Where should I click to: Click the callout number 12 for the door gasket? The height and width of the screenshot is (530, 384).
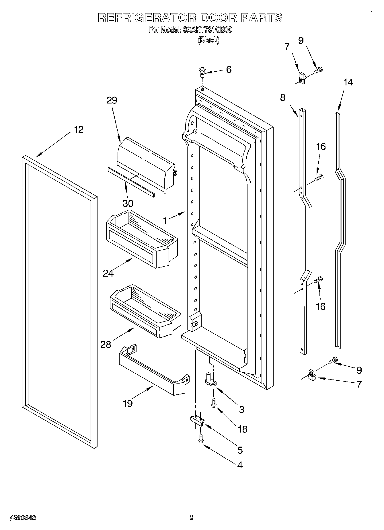tap(79, 130)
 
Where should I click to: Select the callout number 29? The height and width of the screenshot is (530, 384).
tap(112, 100)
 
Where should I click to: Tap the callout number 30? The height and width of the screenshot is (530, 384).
tap(128, 203)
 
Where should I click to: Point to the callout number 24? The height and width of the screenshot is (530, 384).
tap(108, 273)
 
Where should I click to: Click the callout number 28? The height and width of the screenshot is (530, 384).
tap(106, 344)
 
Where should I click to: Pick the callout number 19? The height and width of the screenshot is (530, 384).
tap(128, 404)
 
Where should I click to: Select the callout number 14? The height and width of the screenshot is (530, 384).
tap(348, 82)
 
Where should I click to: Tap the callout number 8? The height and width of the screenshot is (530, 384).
tap(283, 97)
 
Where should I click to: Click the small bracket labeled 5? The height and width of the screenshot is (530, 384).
tap(198, 421)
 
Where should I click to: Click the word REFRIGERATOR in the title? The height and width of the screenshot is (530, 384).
tap(147, 18)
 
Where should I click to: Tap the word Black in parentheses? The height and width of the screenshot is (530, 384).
tap(208, 40)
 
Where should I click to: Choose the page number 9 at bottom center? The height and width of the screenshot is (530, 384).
tap(191, 517)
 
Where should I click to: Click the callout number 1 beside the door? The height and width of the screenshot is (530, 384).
tap(165, 220)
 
